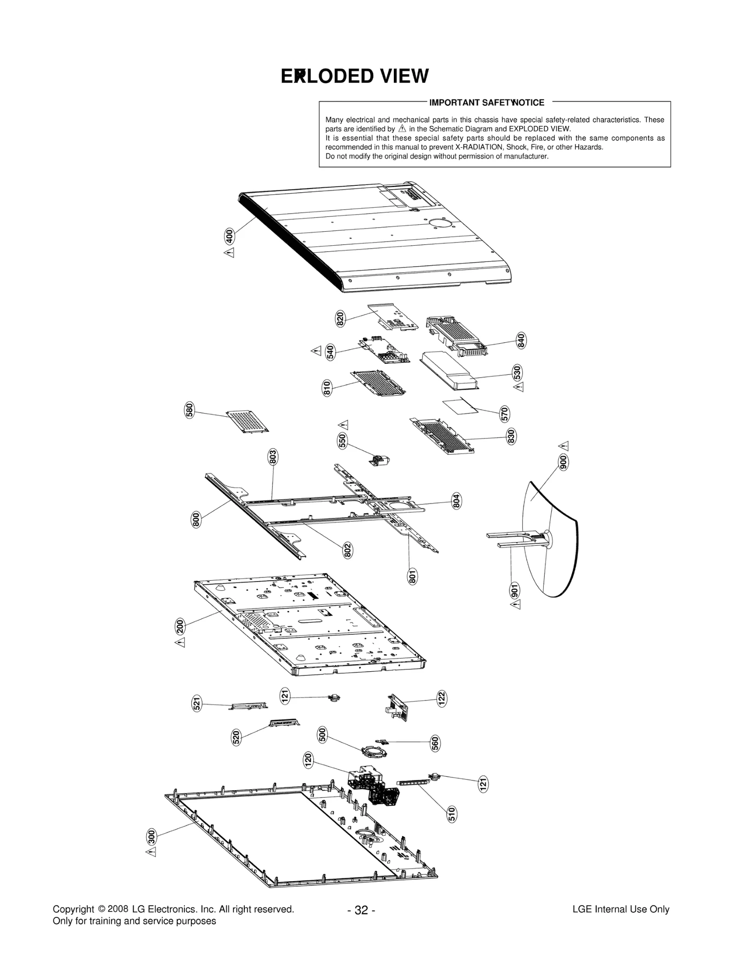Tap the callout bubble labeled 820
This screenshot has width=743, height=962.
pyautogui.click(x=340, y=319)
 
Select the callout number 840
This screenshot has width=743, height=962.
pyautogui.click(x=521, y=340)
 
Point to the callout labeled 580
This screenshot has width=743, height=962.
pyautogui.click(x=189, y=411)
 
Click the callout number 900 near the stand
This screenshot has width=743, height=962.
pyautogui.click(x=563, y=463)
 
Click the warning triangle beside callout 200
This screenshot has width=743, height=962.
pyautogui.click(x=180, y=642)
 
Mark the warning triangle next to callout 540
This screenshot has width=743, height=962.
pyautogui.click(x=316, y=351)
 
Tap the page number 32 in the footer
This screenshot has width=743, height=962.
pyautogui.click(x=361, y=910)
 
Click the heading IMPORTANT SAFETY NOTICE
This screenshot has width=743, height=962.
pyautogui.click(x=487, y=103)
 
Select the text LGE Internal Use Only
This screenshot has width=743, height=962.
pyautogui.click(x=620, y=910)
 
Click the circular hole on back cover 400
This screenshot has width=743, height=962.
pyautogui.click(x=440, y=223)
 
